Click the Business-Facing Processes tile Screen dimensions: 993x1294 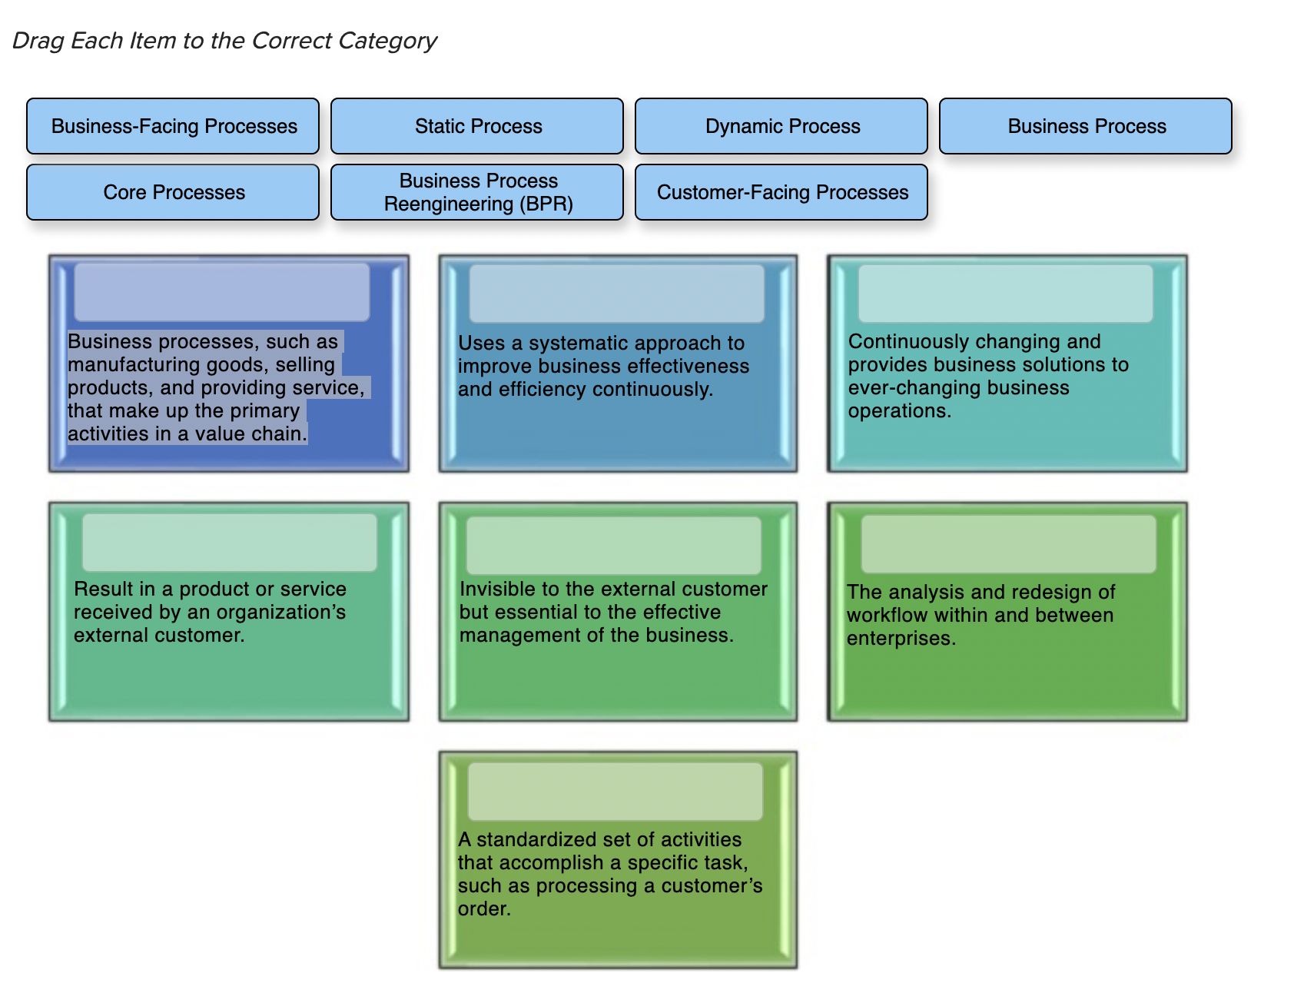pos(173,126)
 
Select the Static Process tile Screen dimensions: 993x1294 pos(477,126)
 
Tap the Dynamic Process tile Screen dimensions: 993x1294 pos(781,126)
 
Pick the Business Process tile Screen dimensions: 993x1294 pos(1086,126)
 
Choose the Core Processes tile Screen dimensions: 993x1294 pos(173,192)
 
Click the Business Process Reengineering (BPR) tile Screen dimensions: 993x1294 pos(477,192)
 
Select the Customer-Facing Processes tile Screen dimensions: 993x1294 pos(781,192)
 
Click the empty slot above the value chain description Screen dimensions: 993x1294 pos(222,292)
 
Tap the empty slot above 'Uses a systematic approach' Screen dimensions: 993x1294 pos(617,294)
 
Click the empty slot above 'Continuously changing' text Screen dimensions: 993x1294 pos(1006,294)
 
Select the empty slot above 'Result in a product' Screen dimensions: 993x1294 pos(230,543)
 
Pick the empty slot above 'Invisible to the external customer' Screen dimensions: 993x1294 pos(614,546)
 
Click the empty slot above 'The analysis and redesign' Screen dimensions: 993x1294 pos(1009,544)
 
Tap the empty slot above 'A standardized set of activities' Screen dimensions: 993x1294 pos(615,792)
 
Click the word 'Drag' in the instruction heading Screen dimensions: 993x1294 pos(38,41)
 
